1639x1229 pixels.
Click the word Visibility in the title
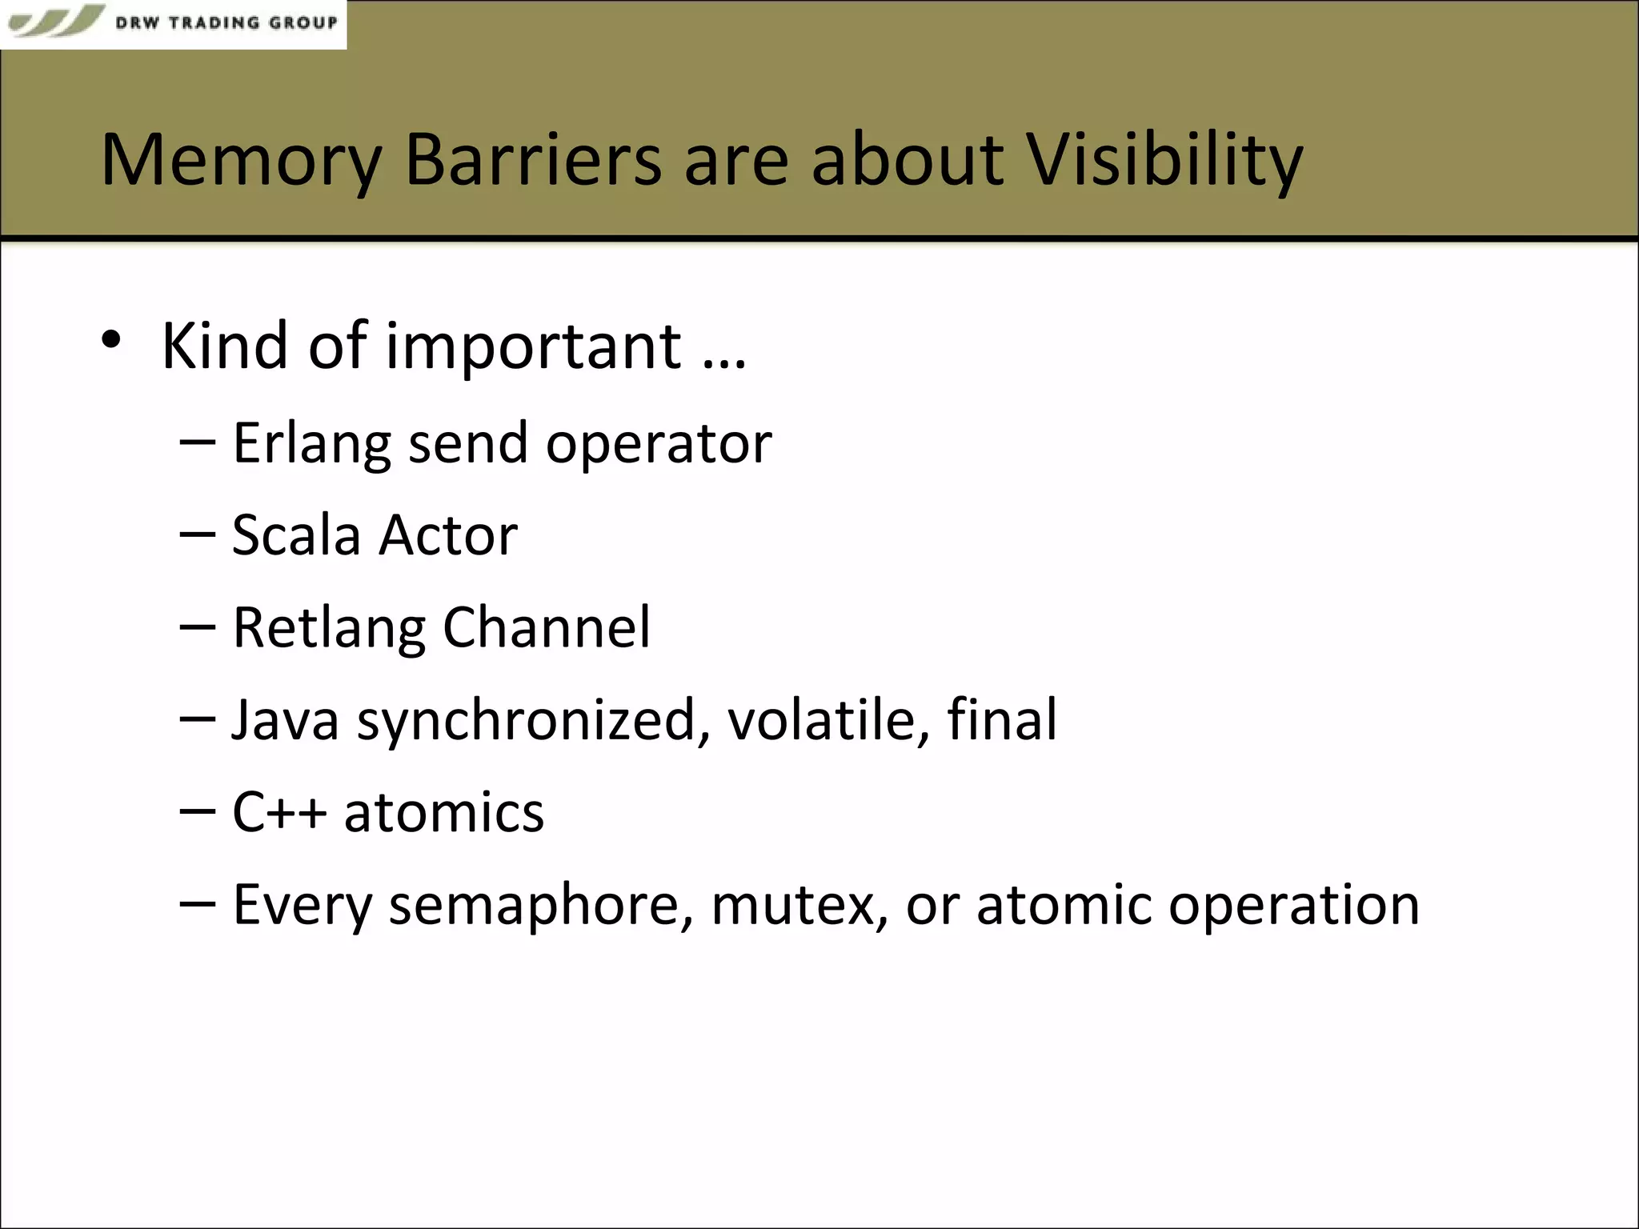point(1164,160)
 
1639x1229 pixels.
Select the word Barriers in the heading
point(533,160)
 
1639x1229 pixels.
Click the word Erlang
point(311,443)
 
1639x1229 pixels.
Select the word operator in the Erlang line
point(658,445)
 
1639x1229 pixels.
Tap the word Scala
point(295,535)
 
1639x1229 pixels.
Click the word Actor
point(447,535)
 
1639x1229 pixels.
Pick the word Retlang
point(328,628)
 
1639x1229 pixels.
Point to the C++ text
point(279,812)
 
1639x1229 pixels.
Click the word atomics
point(444,812)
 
